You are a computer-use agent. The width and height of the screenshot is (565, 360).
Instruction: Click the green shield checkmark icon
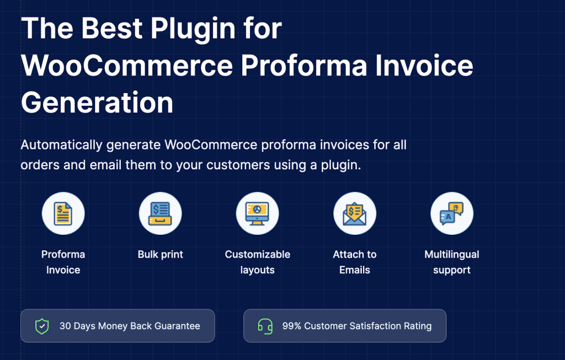(x=42, y=326)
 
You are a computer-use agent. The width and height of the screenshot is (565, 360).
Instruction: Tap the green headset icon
(x=265, y=326)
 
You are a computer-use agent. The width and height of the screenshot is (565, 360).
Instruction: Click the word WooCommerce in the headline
(x=127, y=66)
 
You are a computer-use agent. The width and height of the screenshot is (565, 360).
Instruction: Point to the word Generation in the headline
(x=97, y=103)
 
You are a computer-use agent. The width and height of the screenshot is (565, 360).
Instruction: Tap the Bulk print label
(x=160, y=255)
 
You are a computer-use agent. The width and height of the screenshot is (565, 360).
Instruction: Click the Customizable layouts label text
(x=257, y=262)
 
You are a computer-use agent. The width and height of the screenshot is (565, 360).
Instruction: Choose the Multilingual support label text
(x=451, y=262)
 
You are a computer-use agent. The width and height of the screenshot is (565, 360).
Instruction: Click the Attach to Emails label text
(x=354, y=262)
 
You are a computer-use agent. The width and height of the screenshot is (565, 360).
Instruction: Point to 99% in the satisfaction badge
(x=291, y=326)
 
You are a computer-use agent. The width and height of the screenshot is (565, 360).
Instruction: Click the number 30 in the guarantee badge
(x=66, y=326)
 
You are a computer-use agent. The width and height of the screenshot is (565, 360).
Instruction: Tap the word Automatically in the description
(x=61, y=145)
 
